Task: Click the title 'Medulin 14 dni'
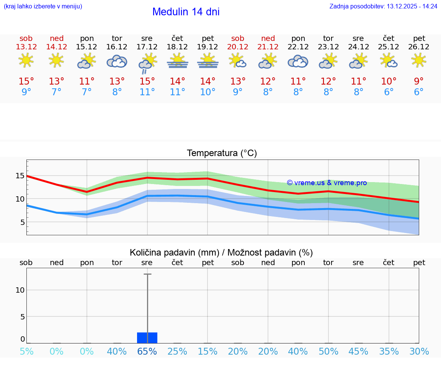click(x=186, y=12)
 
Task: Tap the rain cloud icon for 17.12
click(x=147, y=63)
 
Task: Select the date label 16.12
click(x=117, y=47)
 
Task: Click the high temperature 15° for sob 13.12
click(x=26, y=81)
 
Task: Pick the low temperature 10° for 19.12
click(x=207, y=92)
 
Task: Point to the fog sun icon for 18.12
click(x=177, y=61)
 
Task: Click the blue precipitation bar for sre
click(x=147, y=338)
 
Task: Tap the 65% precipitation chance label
click(x=147, y=352)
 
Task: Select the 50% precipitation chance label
click(x=328, y=352)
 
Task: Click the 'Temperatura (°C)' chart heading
click(x=222, y=153)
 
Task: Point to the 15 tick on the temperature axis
click(x=20, y=176)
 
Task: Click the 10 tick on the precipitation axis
click(x=20, y=290)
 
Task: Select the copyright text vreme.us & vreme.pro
click(x=327, y=183)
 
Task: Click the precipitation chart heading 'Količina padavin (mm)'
click(x=174, y=252)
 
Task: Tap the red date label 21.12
click(x=268, y=47)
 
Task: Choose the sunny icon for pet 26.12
click(x=419, y=60)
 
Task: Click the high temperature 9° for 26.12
click(x=419, y=81)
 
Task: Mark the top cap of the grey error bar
click(x=147, y=274)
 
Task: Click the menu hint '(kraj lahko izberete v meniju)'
click(x=43, y=6)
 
